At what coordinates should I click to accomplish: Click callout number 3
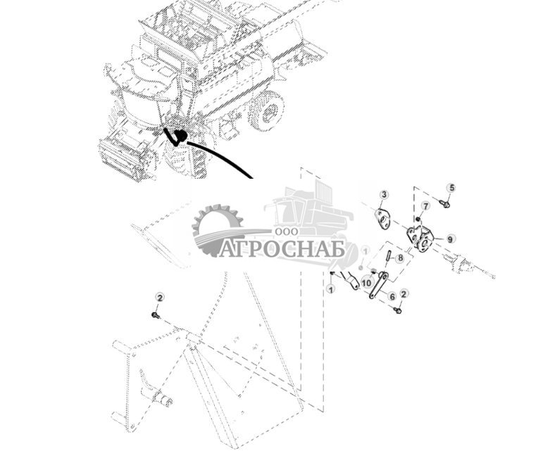tap(384, 195)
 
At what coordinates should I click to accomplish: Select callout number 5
tap(451, 188)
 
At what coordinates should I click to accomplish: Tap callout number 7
tap(425, 206)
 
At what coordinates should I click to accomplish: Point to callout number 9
tap(450, 239)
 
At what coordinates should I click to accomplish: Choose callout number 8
tap(400, 258)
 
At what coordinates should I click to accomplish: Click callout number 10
tap(366, 282)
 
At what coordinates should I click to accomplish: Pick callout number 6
tap(392, 297)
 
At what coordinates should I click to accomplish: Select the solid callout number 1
tap(330, 288)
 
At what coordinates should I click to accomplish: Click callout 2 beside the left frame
tap(159, 298)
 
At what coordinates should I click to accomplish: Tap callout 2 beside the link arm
tap(404, 293)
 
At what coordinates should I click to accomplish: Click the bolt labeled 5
tap(444, 204)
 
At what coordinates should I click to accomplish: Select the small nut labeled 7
tap(418, 219)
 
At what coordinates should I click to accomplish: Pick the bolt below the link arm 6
tap(398, 310)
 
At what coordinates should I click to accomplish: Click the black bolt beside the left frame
tap(156, 316)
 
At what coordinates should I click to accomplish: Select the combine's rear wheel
tap(266, 111)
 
